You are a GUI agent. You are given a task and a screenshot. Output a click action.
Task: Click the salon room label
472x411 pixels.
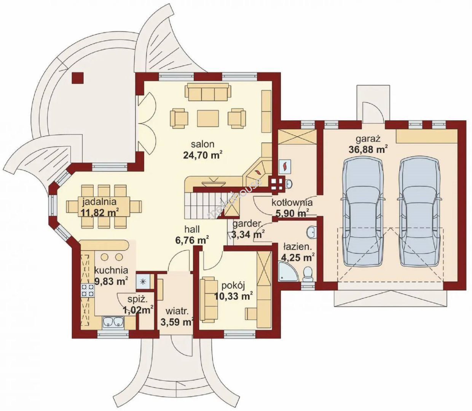(x=203, y=144)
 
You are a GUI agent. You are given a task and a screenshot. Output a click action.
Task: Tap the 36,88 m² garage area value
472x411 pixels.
(x=368, y=150)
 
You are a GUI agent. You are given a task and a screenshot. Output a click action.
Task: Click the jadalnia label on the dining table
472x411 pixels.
(x=100, y=202)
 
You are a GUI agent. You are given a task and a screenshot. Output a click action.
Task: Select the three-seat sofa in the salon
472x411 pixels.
(x=208, y=92)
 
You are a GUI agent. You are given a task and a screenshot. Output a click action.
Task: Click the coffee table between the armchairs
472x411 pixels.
(x=208, y=118)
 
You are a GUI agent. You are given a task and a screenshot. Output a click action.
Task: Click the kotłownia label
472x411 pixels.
(x=292, y=203)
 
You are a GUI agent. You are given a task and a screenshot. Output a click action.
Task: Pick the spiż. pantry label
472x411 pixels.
(x=137, y=299)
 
